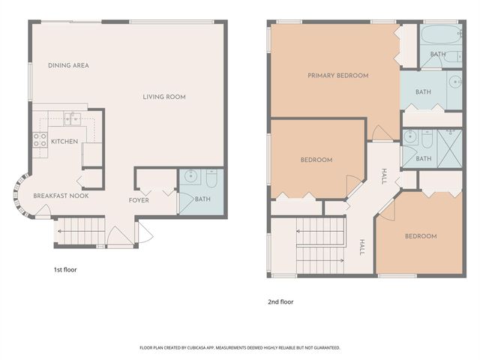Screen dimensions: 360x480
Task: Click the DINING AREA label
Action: click(x=68, y=66)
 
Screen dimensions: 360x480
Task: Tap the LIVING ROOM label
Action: click(x=164, y=97)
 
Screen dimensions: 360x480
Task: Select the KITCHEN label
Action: click(x=64, y=141)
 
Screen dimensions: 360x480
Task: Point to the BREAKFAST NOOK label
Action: click(x=61, y=196)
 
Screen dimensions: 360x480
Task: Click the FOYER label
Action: click(x=139, y=200)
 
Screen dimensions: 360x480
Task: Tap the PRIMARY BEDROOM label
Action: click(x=338, y=76)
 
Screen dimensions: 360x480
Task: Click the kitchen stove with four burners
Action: click(x=39, y=141)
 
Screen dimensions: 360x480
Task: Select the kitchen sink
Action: click(x=73, y=117)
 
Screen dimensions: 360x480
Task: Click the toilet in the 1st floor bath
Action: click(x=211, y=180)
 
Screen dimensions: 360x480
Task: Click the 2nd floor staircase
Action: click(x=321, y=245)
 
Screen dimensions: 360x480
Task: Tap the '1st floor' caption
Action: click(x=64, y=269)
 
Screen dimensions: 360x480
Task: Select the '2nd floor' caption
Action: click(x=280, y=302)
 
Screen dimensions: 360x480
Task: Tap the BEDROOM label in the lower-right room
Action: click(x=420, y=236)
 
